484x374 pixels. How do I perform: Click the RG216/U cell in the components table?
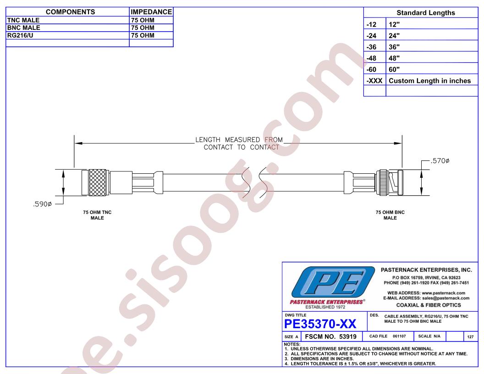(x=20, y=35)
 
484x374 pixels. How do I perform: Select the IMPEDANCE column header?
(x=151, y=12)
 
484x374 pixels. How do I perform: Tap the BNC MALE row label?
(x=23, y=27)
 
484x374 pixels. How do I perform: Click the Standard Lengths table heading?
(x=426, y=13)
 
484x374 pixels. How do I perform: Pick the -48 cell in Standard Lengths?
(x=371, y=58)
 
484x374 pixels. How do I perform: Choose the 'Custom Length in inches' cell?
(x=429, y=81)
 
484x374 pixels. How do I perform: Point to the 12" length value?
(x=394, y=24)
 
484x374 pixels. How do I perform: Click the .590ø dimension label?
(x=42, y=204)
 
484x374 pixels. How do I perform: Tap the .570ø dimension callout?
(x=440, y=160)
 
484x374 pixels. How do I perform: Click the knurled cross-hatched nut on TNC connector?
(x=98, y=182)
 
